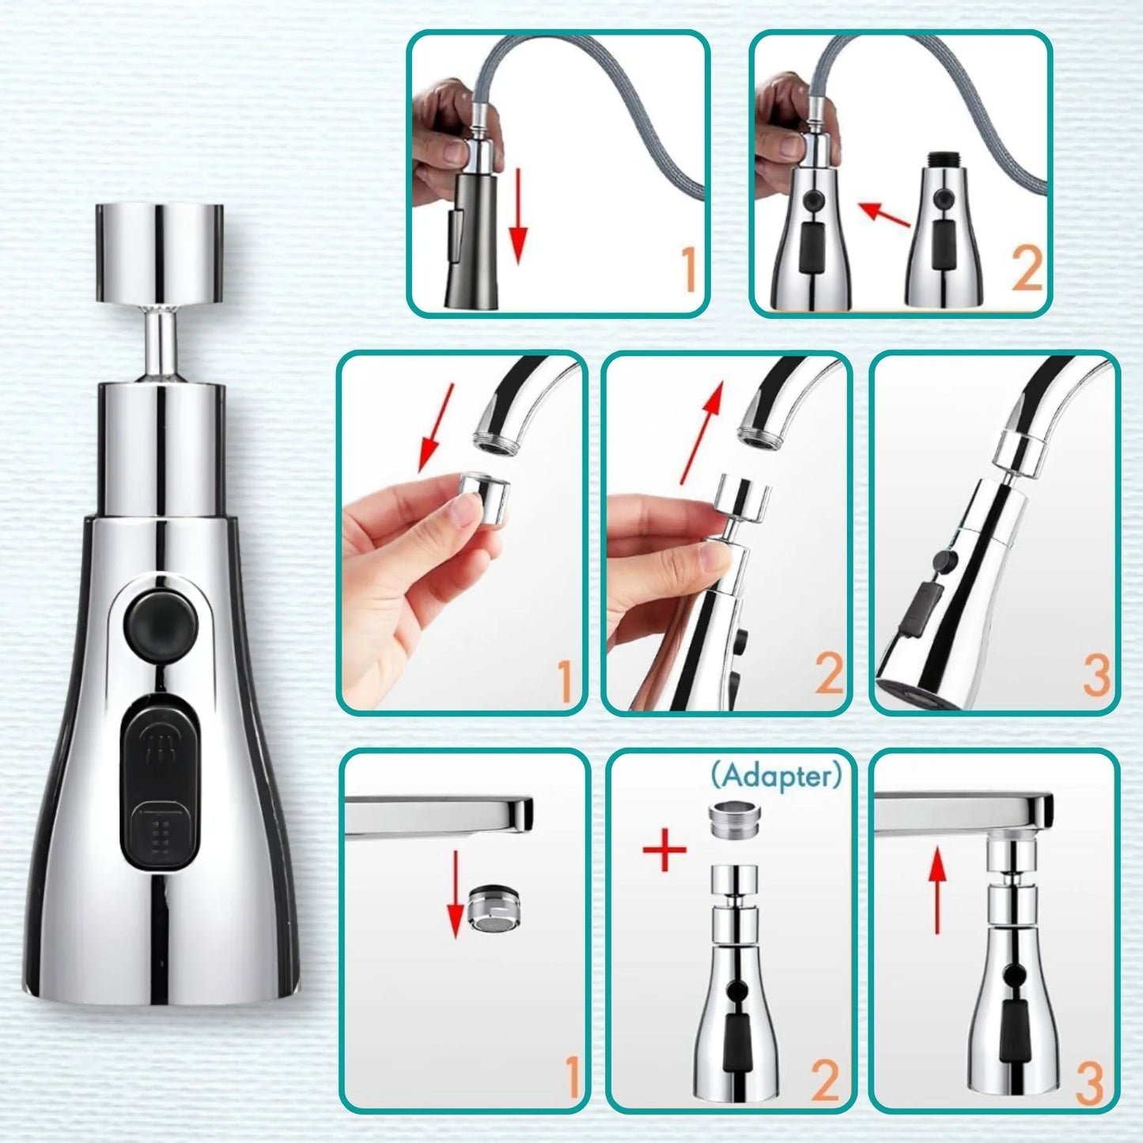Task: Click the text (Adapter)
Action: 776,777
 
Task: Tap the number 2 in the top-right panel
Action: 1027,271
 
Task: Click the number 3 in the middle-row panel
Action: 1096,676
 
